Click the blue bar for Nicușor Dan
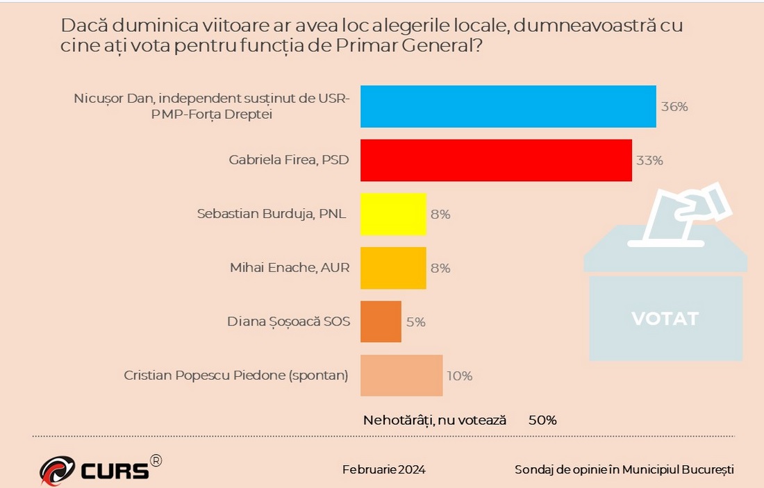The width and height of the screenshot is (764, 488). click(x=508, y=107)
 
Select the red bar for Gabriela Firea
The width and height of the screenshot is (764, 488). click(x=496, y=160)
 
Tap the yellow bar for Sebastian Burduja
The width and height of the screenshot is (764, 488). click(x=393, y=214)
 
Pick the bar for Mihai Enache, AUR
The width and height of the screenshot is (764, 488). click(x=393, y=268)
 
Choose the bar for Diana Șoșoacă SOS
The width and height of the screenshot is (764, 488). click(x=381, y=321)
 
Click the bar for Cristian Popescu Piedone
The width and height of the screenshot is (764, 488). click(x=401, y=376)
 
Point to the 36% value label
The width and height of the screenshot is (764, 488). click(x=674, y=107)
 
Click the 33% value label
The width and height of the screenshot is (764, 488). click(x=649, y=160)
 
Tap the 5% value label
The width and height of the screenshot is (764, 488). click(x=415, y=322)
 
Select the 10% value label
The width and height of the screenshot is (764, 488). click(x=459, y=376)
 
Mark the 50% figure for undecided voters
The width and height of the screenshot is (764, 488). click(x=542, y=420)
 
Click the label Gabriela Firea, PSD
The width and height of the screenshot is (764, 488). click(x=288, y=160)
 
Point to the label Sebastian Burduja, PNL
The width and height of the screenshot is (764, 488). click(x=272, y=214)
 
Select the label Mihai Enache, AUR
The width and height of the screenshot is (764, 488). click(x=290, y=268)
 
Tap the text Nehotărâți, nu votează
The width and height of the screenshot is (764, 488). click(x=435, y=420)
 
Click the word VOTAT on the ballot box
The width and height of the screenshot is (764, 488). click(x=665, y=319)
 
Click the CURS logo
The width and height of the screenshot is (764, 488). click(x=97, y=470)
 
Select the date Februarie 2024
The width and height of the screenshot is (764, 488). click(x=383, y=470)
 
